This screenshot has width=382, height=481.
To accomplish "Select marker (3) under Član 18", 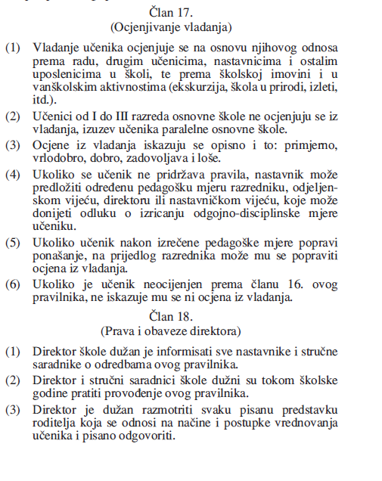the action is tap(13, 409).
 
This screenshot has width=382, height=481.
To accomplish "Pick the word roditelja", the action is tap(54, 423).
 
